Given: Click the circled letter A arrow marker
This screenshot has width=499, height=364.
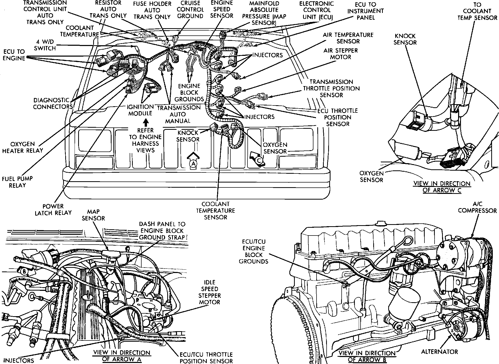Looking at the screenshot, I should point(193,163).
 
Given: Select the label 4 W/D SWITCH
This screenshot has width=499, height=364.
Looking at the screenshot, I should point(45,45).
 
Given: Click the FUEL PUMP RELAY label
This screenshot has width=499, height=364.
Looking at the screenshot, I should point(17,182).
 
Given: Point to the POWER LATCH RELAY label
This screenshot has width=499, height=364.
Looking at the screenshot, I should point(53,209).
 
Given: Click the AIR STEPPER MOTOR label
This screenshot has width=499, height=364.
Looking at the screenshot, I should point(340,54).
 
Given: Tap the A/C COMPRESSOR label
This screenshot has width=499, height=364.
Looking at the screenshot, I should point(477,207).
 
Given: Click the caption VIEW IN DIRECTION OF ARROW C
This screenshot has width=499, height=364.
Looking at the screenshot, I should point(442,187).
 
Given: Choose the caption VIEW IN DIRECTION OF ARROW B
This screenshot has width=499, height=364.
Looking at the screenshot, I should point(367,356).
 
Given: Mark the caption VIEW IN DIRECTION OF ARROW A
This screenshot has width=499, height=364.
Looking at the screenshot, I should point(122,356).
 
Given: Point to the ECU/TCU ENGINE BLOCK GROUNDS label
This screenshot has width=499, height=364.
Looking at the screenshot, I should point(253,252).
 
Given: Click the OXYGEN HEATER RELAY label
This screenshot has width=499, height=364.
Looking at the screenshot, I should point(23,147).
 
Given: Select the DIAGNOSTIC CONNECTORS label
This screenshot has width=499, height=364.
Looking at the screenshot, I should point(53,103).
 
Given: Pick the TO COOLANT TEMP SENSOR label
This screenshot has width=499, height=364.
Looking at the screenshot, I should point(477,11).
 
